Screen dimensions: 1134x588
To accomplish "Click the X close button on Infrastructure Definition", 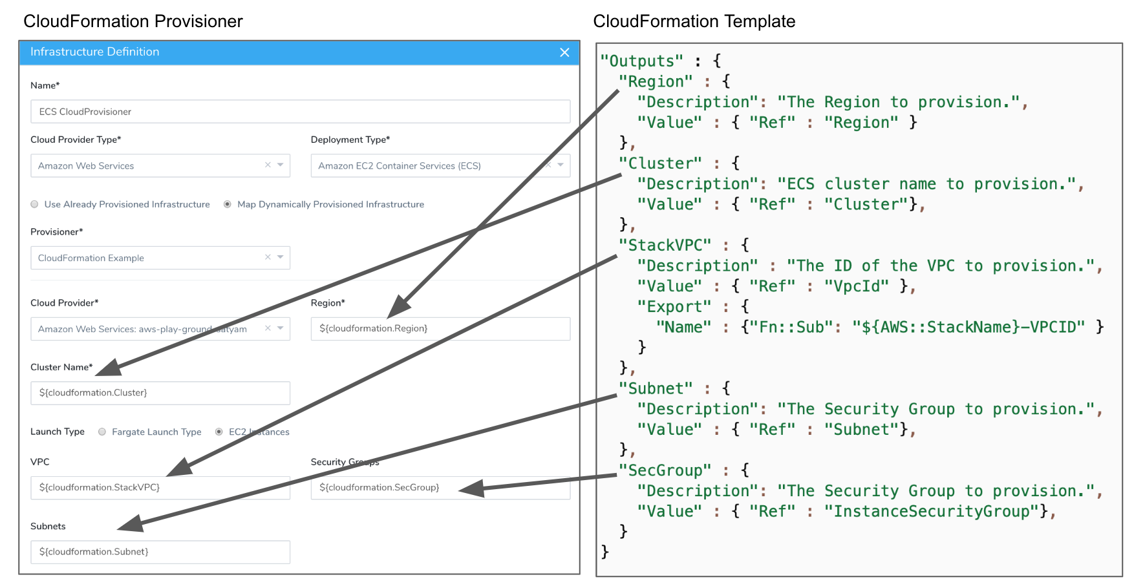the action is (564, 52).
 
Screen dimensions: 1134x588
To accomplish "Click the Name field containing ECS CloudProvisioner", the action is (300, 112).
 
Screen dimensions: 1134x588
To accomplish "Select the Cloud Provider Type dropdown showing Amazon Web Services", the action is (160, 166).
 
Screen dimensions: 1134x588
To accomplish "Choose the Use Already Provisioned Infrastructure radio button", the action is (35, 204).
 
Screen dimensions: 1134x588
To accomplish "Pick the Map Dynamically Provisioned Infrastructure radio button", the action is (228, 204).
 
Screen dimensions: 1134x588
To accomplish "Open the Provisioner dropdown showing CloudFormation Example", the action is (160, 258).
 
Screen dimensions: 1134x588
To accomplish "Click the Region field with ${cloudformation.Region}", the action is (440, 329).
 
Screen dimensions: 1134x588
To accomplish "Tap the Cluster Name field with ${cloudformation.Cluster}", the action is (160, 393).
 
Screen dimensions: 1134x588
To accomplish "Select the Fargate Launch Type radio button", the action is (102, 432).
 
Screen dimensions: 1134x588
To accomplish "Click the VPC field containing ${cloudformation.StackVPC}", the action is (160, 488).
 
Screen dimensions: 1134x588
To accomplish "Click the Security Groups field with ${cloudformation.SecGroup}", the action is (440, 488).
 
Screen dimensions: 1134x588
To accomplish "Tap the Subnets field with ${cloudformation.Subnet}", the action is (160, 552).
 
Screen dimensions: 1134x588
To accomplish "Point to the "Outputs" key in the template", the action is (641, 61).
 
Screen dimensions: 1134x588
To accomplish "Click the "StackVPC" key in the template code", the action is (665, 246).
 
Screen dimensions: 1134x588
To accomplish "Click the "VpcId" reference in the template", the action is (857, 286).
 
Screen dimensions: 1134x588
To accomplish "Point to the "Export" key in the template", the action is (674, 307).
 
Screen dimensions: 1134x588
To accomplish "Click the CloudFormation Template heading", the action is (694, 21).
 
